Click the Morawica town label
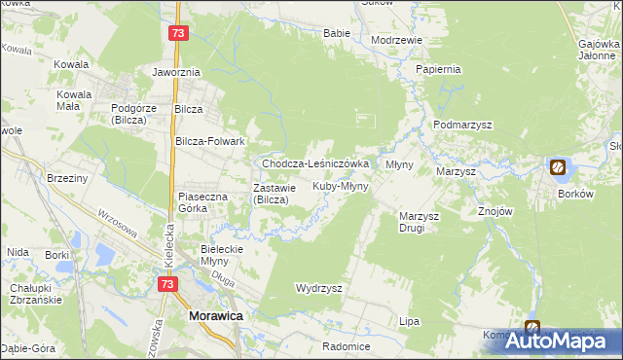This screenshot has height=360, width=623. [x=215, y=316]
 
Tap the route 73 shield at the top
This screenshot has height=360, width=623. [x=176, y=33]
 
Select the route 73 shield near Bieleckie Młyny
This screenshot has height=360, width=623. [x=167, y=283]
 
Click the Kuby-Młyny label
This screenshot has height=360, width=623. [x=340, y=185]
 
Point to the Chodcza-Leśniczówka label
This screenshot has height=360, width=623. [x=314, y=163]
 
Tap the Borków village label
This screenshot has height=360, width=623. [x=575, y=194]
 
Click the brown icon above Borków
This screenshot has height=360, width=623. [x=558, y=167]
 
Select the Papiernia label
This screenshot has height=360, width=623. [x=437, y=70]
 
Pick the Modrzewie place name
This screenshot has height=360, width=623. [x=396, y=40]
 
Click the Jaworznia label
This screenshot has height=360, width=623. [x=176, y=72]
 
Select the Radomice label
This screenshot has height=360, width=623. [x=348, y=346]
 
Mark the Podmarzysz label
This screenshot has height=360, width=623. [x=462, y=126]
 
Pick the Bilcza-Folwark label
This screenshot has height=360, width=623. [x=208, y=141]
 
